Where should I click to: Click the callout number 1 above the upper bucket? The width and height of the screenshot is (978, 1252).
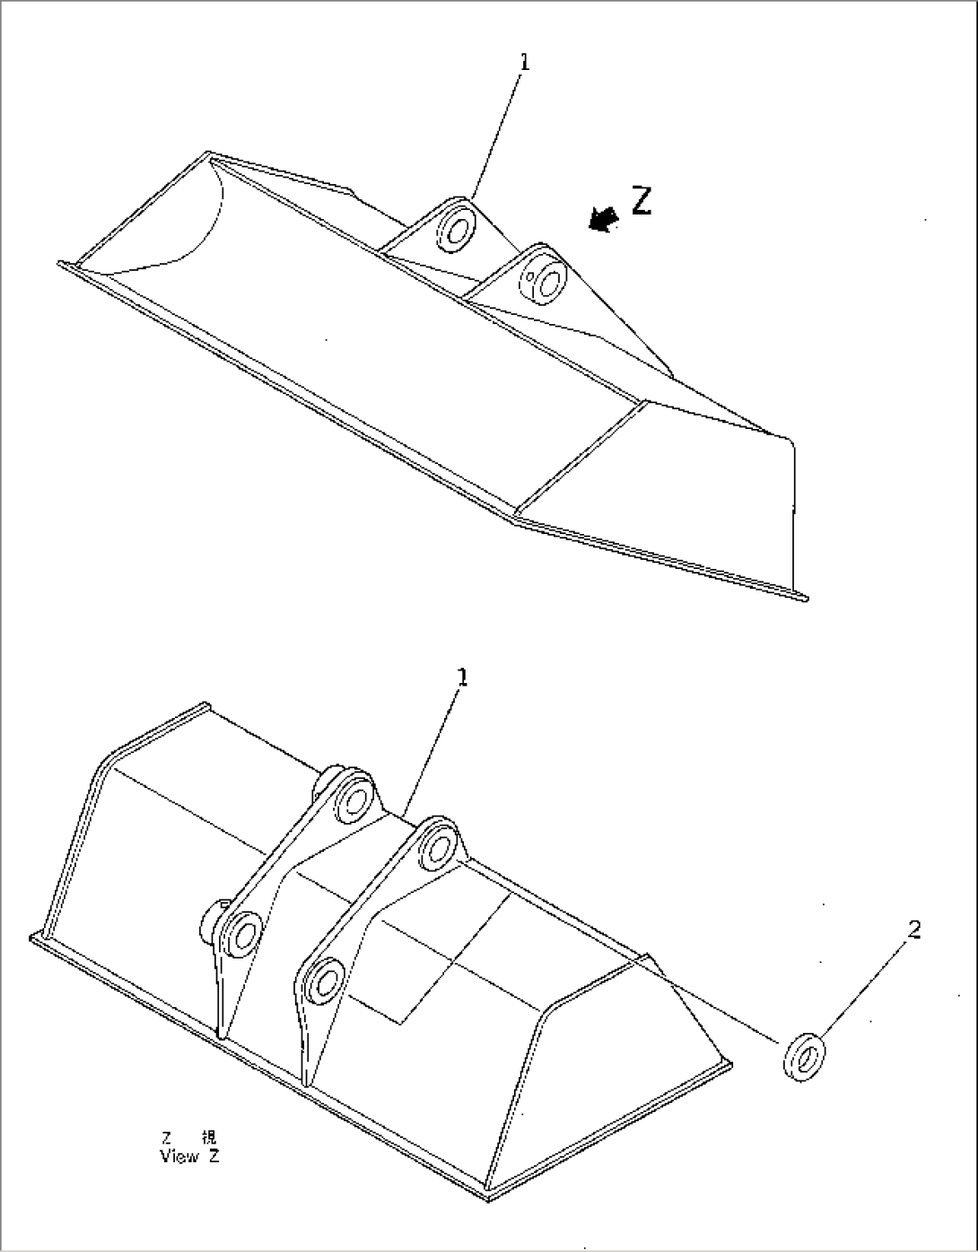525,62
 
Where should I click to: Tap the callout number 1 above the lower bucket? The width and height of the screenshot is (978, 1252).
463,679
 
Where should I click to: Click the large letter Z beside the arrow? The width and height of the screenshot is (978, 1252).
641,201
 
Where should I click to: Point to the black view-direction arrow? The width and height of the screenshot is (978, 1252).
603,219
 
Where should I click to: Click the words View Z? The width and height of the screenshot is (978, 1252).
188,1156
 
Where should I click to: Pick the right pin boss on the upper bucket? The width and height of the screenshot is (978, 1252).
543,276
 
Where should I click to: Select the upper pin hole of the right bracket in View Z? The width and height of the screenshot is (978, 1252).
439,845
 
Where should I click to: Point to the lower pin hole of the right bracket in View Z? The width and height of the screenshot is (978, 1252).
326,979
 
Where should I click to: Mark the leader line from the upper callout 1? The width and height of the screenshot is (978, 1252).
498,135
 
